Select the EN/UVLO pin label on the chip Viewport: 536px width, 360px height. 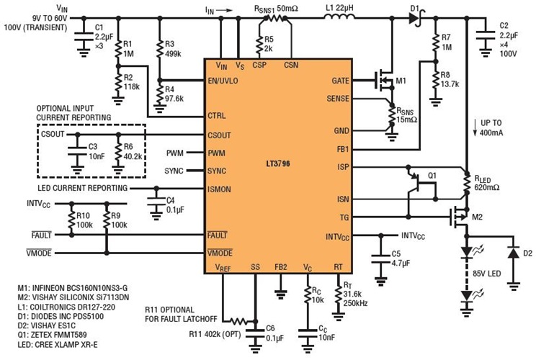tap(223, 80)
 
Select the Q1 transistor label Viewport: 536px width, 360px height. tap(433, 175)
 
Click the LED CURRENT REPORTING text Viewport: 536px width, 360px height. tap(79, 188)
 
